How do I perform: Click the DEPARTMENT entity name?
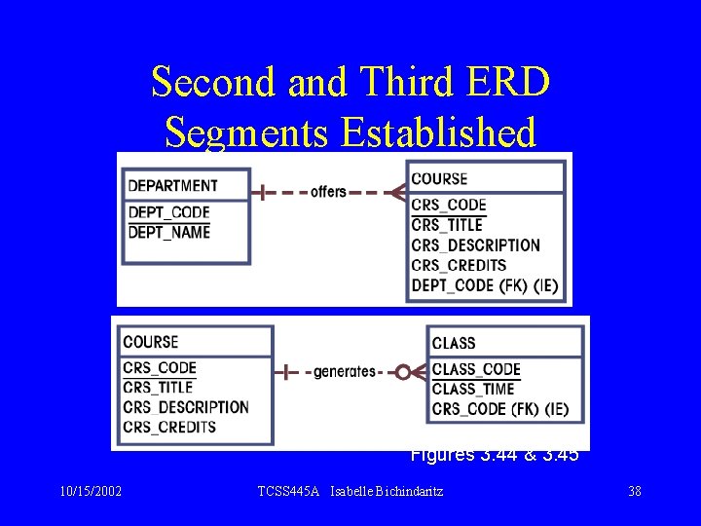173,185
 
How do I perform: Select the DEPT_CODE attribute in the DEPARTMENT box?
168,212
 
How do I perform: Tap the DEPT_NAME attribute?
169,232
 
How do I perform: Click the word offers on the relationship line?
328,192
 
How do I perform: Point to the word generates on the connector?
344,371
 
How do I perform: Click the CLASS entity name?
454,343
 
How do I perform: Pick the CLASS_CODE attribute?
476,369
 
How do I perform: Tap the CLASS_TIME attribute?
474,389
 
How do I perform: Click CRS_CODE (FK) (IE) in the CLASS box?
500,408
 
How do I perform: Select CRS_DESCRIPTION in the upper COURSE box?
475,244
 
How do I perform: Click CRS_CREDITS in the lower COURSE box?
169,427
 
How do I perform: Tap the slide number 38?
635,491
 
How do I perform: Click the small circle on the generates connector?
403,371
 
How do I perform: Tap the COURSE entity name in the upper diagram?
439,178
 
